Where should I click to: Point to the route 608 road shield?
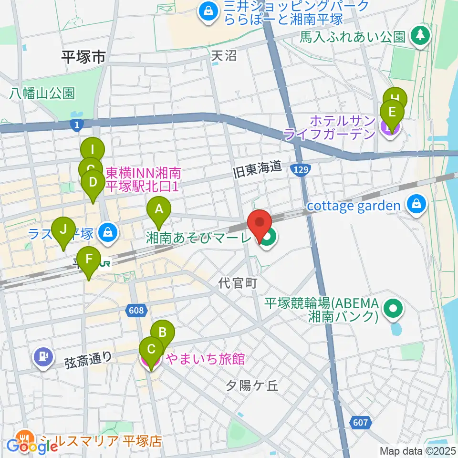[x=135, y=311]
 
